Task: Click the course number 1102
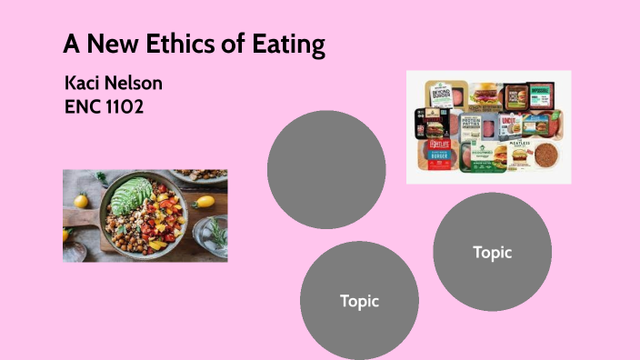126,106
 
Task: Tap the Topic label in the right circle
492,253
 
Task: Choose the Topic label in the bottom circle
359,300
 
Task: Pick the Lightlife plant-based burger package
434,155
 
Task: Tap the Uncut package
510,125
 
